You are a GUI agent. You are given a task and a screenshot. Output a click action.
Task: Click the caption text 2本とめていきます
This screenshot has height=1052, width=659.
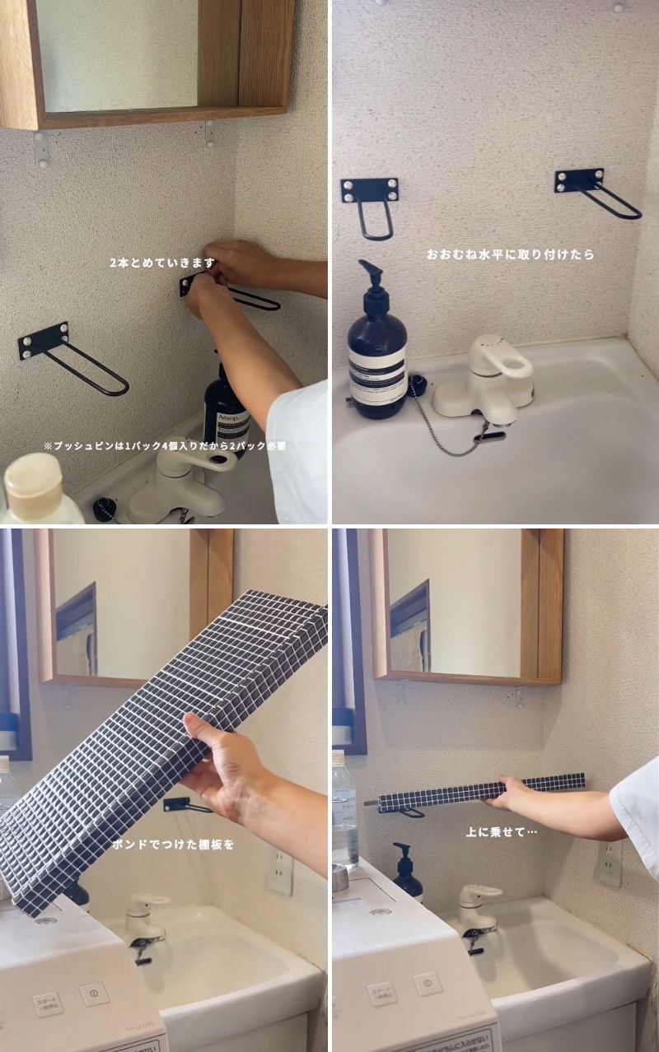point(162,263)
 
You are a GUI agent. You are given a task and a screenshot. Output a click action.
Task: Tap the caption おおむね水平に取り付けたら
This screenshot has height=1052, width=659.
point(510,255)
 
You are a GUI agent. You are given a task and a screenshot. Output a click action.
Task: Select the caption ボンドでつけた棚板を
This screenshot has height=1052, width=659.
point(173,844)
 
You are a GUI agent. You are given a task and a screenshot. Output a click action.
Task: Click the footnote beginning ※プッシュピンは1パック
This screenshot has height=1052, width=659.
point(165,446)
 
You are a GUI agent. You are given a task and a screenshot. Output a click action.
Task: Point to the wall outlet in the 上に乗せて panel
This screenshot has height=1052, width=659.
point(610,862)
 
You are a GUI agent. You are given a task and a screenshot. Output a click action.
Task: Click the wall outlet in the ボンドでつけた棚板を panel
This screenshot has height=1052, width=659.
point(280,870)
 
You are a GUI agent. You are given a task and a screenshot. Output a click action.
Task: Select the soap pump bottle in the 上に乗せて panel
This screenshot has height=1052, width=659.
point(406,874)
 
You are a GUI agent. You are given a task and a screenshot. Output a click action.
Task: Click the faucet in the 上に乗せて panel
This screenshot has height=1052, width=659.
point(476,910)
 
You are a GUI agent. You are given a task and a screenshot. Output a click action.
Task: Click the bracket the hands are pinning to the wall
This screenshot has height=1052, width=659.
point(231,292)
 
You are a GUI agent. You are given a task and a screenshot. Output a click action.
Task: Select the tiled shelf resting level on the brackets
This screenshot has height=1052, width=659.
point(481,790)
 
